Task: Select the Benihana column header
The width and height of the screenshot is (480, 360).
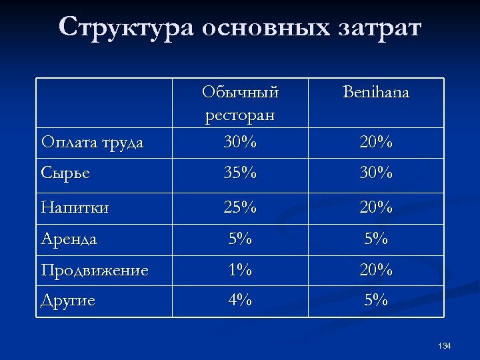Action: [376, 92]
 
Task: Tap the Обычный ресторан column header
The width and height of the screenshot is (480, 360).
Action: [240, 103]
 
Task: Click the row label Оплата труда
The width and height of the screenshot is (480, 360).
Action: [92, 142]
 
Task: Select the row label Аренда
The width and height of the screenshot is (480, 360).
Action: [69, 238]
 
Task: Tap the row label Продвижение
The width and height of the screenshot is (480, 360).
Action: [94, 270]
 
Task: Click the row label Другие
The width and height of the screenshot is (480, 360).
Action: [68, 300]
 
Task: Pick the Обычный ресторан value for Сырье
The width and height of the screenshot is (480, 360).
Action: [240, 173]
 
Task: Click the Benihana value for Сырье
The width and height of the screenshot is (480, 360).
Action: [376, 173]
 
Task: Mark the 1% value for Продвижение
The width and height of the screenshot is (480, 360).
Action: [240, 270]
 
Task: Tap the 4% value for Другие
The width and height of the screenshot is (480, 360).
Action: [240, 300]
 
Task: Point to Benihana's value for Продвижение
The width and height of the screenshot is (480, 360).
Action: [376, 270]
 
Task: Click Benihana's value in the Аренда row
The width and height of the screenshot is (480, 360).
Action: [376, 238]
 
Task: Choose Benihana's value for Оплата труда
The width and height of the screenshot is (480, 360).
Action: [376, 142]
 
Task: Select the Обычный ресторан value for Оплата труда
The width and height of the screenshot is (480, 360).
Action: [240, 142]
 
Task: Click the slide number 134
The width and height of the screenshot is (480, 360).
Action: [445, 346]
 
